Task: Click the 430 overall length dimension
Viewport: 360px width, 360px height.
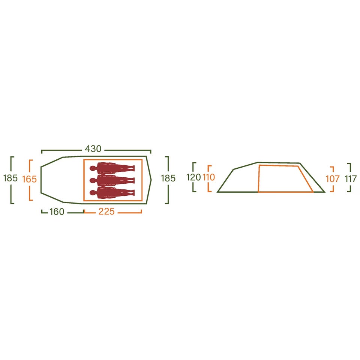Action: pyautogui.click(x=93, y=149)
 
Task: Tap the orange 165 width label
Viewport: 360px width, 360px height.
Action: pyautogui.click(x=29, y=179)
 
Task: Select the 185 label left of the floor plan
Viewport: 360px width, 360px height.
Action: pyautogui.click(x=10, y=178)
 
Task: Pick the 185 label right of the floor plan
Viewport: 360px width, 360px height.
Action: pyautogui.click(x=168, y=178)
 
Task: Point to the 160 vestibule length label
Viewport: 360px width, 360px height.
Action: pyautogui.click(x=57, y=211)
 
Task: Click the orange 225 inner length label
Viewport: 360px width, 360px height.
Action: pyautogui.click(x=106, y=211)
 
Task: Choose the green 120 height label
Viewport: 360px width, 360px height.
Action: pyautogui.click(x=193, y=177)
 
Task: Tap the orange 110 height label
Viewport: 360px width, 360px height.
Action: pyautogui.click(x=209, y=177)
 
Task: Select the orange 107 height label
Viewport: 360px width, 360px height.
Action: pyautogui.click(x=333, y=179)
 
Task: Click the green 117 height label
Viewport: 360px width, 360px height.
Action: pyautogui.click(x=351, y=179)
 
